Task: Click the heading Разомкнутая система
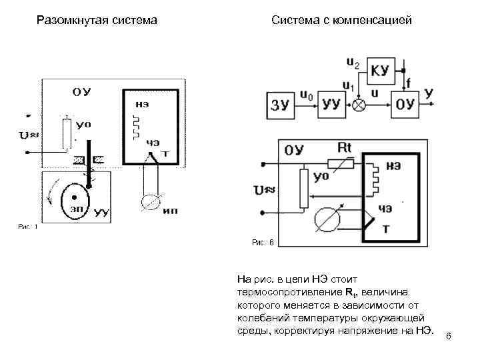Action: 97,21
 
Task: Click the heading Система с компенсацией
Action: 342,21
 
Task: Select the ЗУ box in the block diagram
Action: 281,104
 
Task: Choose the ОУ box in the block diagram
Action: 405,104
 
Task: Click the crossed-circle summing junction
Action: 360,105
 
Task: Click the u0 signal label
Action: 306,95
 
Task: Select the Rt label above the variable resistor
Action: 345,147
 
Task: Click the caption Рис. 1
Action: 27,227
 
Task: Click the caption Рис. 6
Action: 263,244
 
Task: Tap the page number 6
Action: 448,335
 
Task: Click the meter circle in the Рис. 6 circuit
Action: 327,219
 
